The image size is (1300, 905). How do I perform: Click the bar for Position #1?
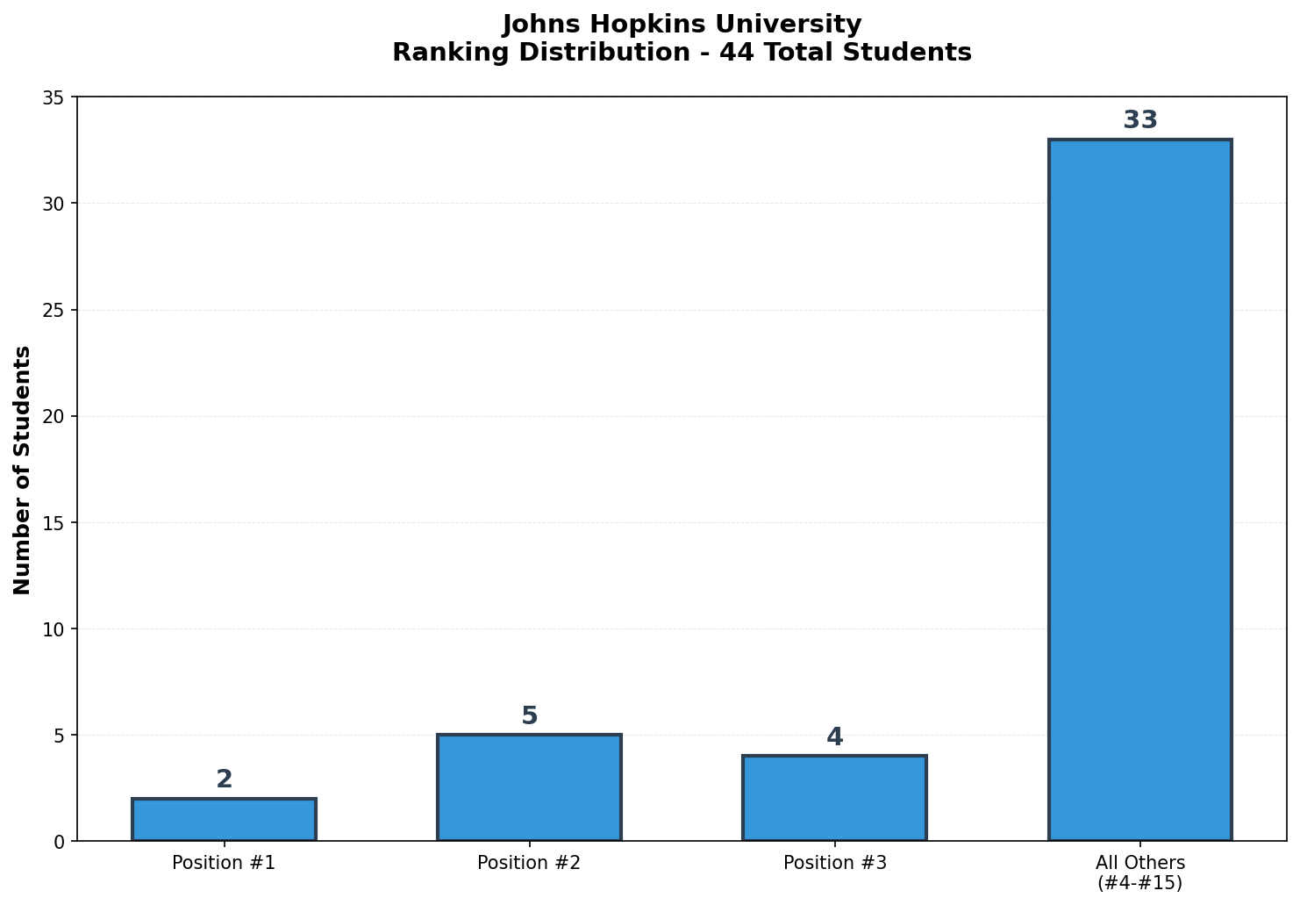224,820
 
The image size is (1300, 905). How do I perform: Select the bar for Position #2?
529,787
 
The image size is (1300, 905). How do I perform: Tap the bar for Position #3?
834,798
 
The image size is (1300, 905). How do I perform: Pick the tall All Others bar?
1139,490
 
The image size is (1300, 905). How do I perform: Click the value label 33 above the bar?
1139,120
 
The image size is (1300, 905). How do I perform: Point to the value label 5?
529,716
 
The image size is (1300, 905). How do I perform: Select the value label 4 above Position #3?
834,737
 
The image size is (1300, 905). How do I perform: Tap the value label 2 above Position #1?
224,779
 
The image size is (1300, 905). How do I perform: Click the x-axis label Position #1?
224,863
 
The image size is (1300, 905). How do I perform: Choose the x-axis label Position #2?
529,863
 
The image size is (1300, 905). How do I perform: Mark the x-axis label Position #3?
834,863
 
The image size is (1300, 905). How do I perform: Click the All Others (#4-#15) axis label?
1139,873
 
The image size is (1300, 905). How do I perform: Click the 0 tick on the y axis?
59,842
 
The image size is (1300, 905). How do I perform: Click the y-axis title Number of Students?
23,470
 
